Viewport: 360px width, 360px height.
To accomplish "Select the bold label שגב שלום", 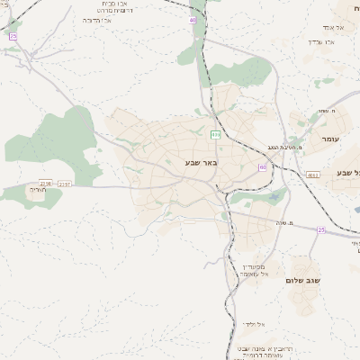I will click(x=304, y=281).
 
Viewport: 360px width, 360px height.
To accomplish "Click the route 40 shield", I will click(x=193, y=19).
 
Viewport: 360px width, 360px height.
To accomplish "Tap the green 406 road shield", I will click(x=215, y=134).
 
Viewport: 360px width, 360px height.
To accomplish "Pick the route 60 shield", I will click(x=262, y=167).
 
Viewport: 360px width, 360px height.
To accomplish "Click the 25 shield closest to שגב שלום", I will click(x=321, y=229).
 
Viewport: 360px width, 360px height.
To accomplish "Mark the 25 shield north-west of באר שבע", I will click(x=13, y=36).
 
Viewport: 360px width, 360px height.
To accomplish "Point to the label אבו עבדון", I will click(x=320, y=41).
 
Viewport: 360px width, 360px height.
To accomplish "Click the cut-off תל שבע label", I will click(x=348, y=172).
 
